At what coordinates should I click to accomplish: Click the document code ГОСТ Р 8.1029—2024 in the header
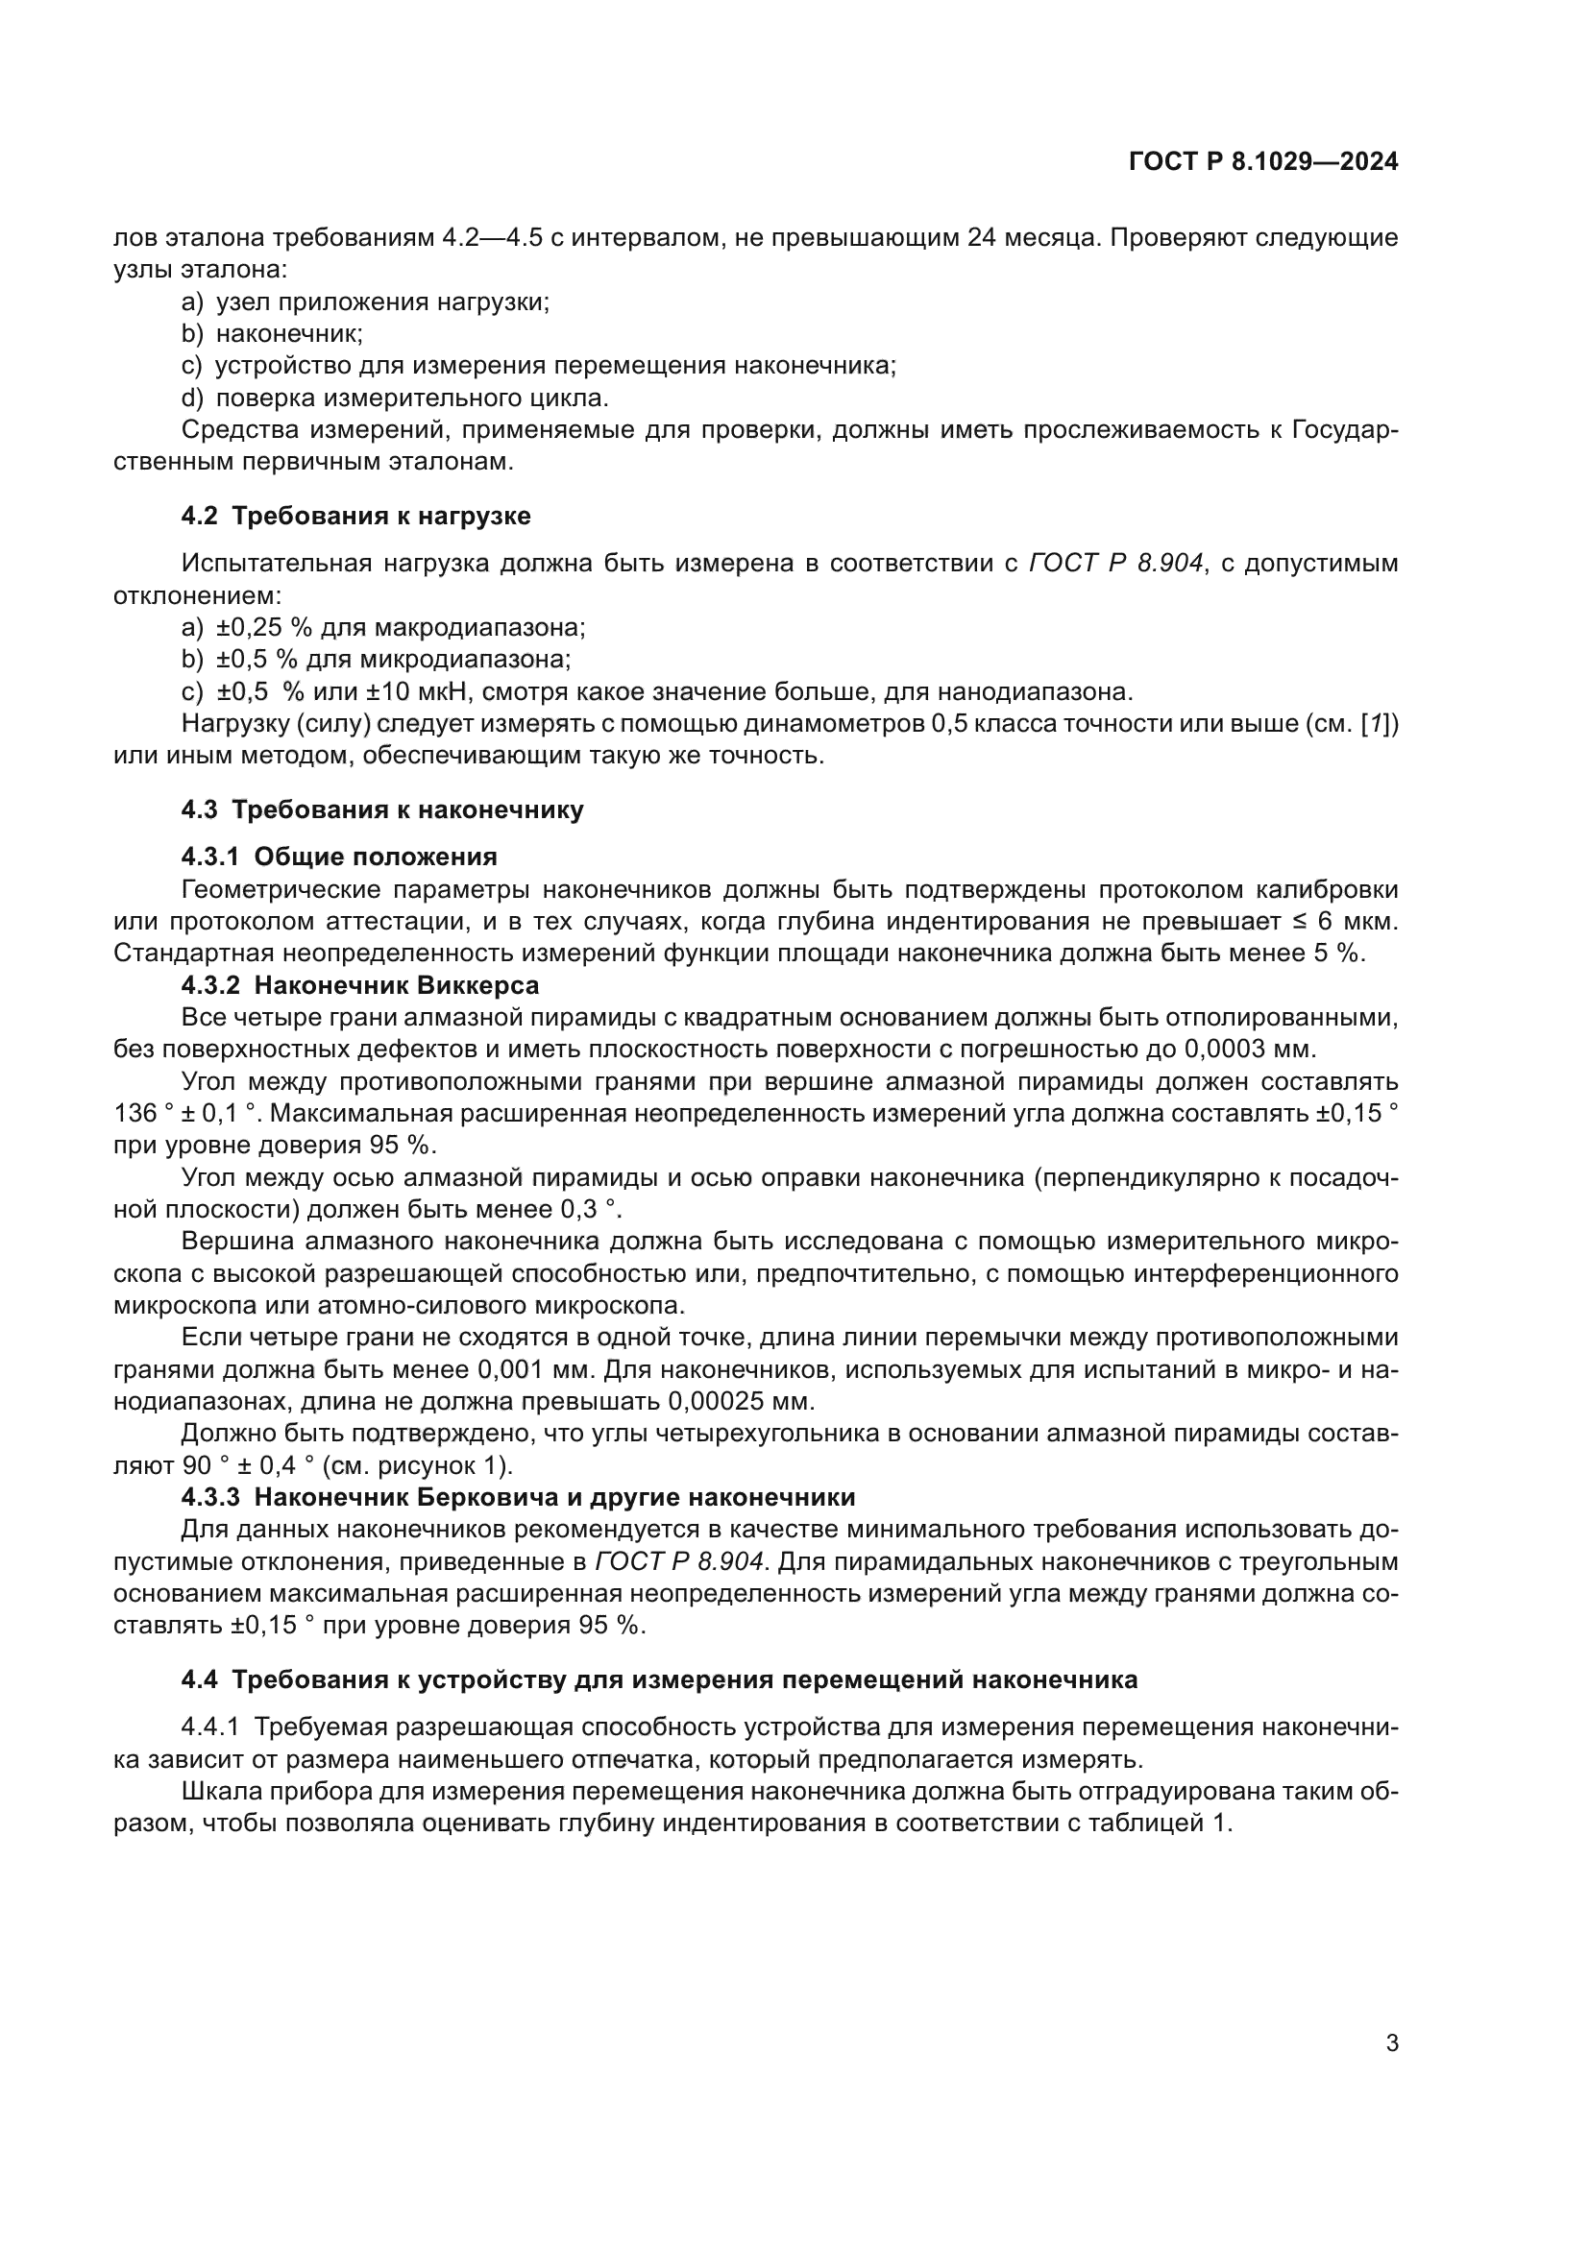(1263, 162)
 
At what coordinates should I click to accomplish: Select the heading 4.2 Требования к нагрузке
(356, 516)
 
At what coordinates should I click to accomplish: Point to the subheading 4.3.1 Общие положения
(338, 857)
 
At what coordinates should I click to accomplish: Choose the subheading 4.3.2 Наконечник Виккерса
(360, 985)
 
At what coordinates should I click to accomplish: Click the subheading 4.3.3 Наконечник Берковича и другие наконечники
(518, 1497)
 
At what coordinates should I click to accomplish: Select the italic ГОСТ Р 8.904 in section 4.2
(1115, 564)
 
